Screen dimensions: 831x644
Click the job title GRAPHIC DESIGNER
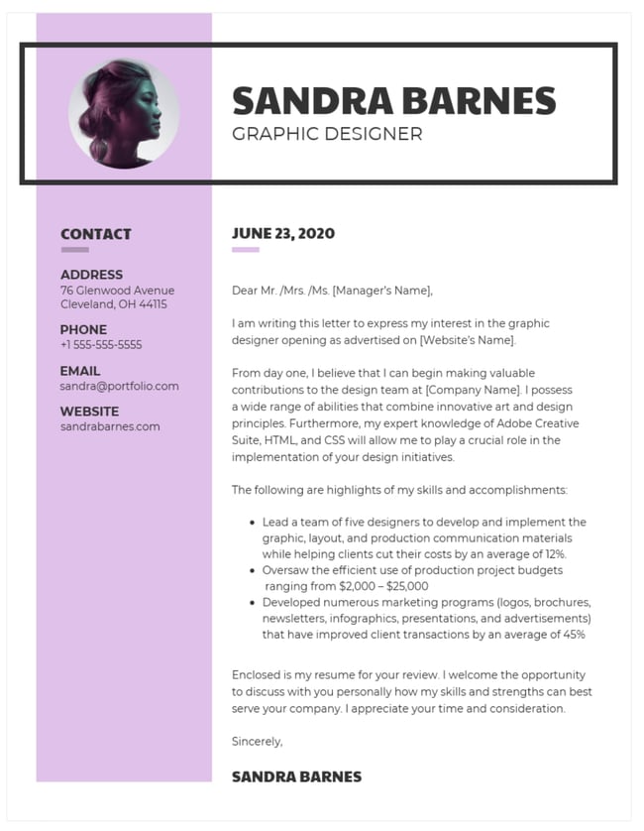coord(327,134)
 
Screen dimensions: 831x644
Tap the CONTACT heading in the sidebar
coord(96,235)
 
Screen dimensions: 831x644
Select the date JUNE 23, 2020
coord(283,234)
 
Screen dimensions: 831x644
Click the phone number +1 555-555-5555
coord(101,345)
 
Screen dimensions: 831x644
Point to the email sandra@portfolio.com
coord(120,386)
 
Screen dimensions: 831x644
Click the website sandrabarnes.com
coord(110,426)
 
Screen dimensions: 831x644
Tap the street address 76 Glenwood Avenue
coord(117,291)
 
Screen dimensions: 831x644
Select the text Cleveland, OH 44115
coord(114,304)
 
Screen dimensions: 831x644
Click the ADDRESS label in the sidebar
coord(92,275)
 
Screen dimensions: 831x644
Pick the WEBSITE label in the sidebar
coord(89,412)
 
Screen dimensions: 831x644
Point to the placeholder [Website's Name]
coord(467,340)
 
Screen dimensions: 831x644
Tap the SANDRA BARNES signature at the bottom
coord(296,776)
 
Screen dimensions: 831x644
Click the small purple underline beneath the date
coord(245,250)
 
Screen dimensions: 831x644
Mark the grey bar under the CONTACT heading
coord(74,250)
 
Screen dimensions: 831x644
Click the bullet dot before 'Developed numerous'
coord(253,602)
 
